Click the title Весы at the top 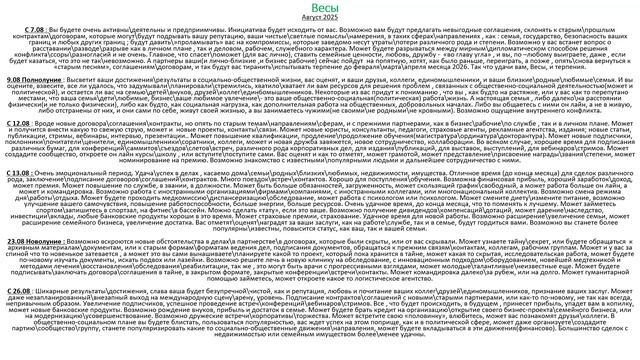pyautogui.click(x=319, y=9)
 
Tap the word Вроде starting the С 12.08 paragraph pyautogui.click(x=55, y=124)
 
